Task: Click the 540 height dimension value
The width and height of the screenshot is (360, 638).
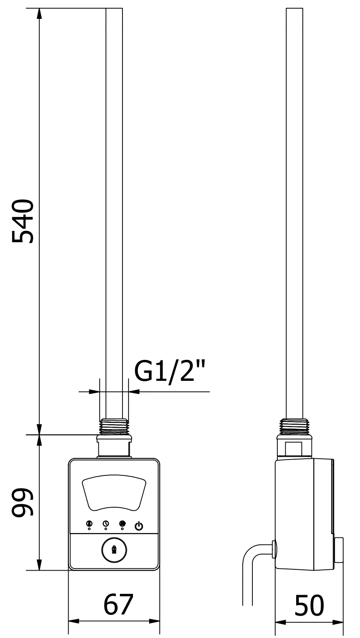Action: click(22, 221)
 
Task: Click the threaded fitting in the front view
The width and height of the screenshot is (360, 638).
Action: click(114, 427)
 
